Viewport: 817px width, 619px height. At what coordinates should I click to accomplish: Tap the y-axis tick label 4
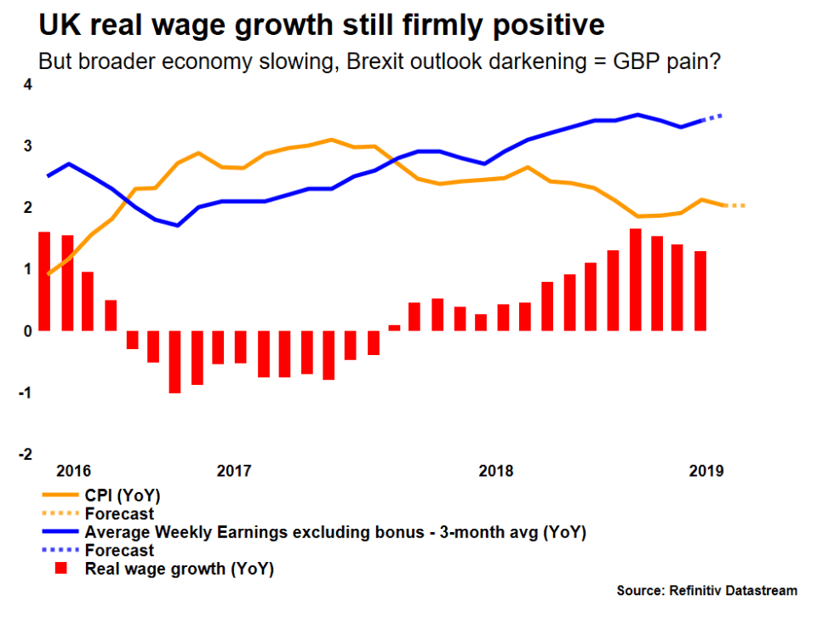tap(28, 85)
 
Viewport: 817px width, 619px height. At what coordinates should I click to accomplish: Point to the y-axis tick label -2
tap(26, 454)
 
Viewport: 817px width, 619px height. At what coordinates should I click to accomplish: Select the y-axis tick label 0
tap(28, 331)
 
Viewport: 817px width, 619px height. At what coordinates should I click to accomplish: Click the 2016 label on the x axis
tap(74, 470)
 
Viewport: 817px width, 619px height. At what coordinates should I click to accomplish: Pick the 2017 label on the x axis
tap(234, 470)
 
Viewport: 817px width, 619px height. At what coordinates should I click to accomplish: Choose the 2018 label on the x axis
tap(497, 470)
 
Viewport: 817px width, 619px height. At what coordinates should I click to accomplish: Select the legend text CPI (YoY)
tap(123, 495)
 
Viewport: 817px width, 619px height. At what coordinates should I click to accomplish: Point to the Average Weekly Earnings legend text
tap(336, 532)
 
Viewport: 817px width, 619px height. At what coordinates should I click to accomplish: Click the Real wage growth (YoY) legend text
tap(180, 569)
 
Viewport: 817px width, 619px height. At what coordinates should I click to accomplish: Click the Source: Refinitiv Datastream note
tap(707, 590)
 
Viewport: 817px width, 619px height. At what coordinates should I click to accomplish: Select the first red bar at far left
tap(44, 281)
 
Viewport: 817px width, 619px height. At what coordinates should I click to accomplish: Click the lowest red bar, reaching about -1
tap(175, 362)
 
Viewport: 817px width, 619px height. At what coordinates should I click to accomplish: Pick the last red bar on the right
tap(700, 290)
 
